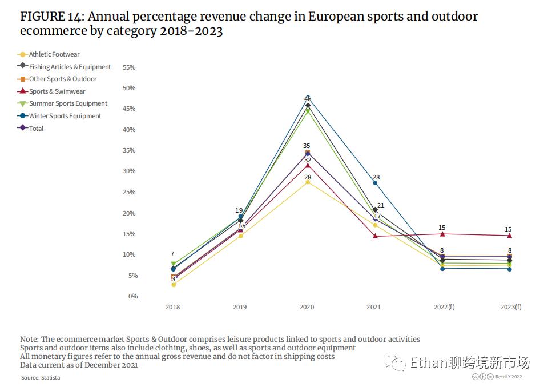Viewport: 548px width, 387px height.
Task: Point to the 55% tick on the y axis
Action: (x=129, y=67)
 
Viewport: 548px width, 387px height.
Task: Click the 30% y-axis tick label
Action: (x=129, y=171)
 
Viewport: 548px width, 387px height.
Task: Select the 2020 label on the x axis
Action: (x=307, y=307)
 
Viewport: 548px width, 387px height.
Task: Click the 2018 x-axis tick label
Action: (x=172, y=307)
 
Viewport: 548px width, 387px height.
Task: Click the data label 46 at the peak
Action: (x=308, y=99)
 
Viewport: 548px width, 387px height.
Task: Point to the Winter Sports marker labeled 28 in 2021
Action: (x=375, y=183)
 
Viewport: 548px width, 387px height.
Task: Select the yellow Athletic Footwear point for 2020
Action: (x=308, y=182)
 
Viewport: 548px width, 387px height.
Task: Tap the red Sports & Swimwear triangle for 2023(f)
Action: (x=509, y=236)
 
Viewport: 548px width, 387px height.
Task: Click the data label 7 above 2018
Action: (x=172, y=254)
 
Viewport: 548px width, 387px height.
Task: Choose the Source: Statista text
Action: (x=41, y=377)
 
